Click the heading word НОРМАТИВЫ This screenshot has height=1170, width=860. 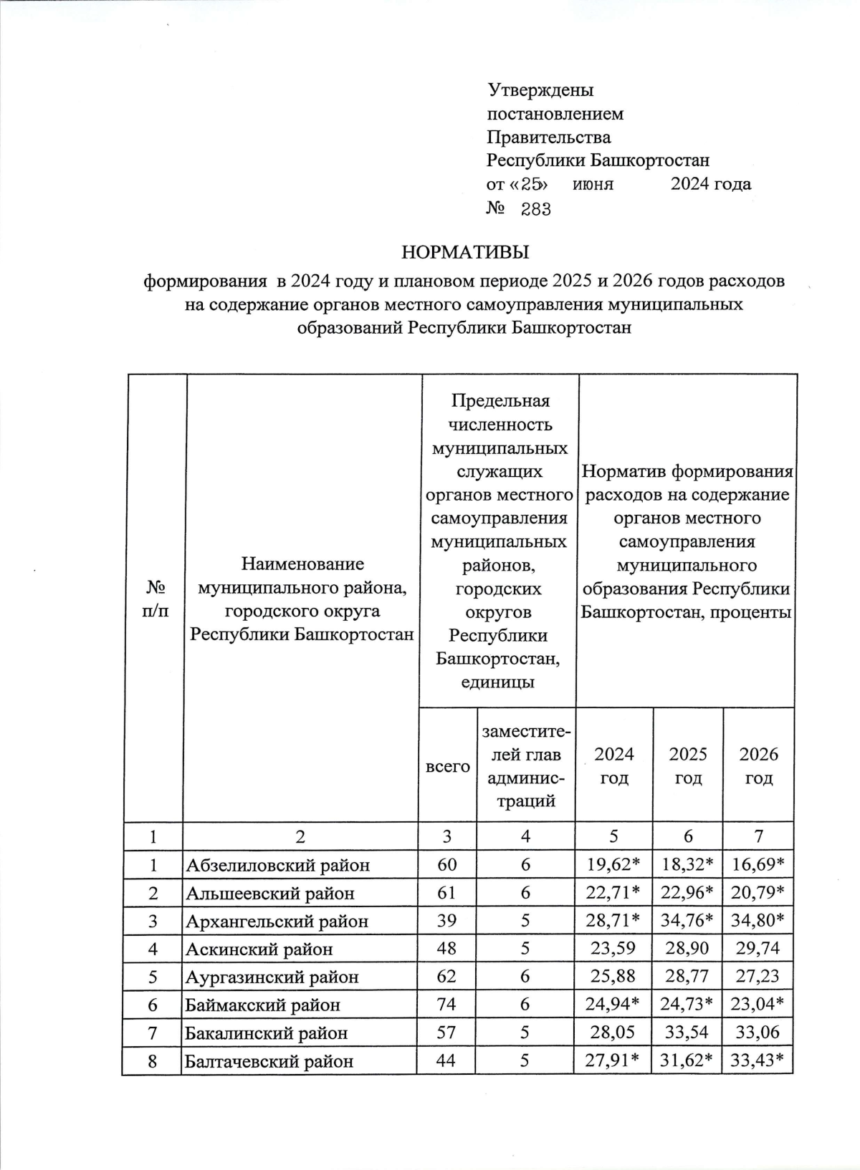tap(465, 252)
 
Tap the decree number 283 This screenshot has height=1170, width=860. tap(535, 209)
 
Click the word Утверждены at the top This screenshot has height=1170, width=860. tap(540, 90)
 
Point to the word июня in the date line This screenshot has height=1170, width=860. tap(593, 184)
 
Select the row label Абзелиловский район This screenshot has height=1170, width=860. tap(278, 865)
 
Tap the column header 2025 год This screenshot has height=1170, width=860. tap(688, 765)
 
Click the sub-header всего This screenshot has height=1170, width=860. tap(448, 766)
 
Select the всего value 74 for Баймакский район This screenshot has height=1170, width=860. tap(446, 1005)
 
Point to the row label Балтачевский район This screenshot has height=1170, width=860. tap(269, 1061)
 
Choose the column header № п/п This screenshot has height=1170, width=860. tap(155, 599)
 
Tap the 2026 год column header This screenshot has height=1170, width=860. tap(759, 765)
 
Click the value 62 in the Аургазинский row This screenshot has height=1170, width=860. tap(446, 977)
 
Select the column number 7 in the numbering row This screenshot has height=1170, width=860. tap(759, 836)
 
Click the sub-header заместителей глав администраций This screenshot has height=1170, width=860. tap(527, 766)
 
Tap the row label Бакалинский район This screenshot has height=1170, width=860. tap(267, 1033)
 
